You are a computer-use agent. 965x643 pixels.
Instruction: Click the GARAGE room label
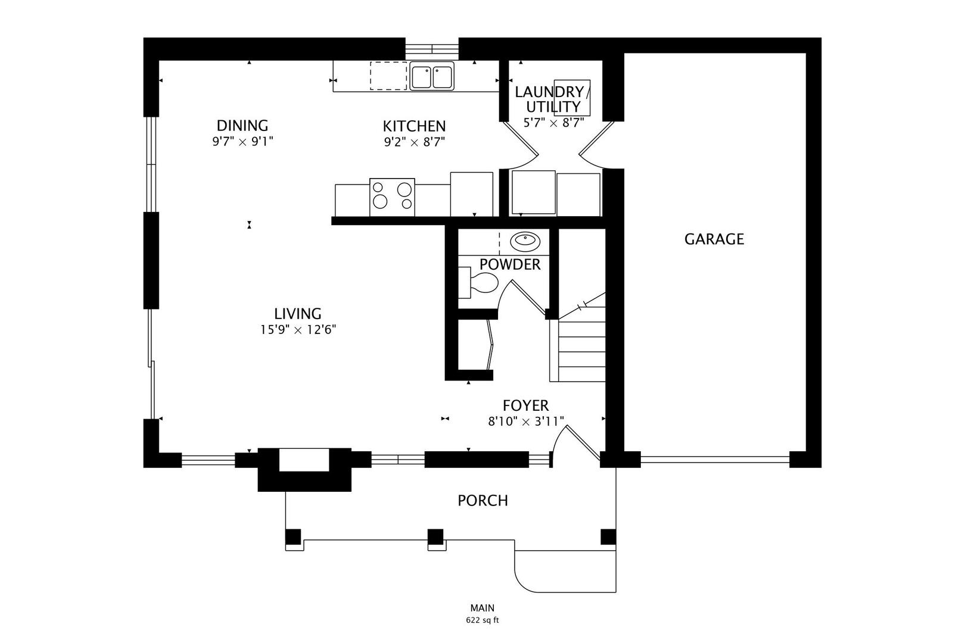pos(714,239)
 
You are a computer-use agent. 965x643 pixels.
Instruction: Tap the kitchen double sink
pos(432,77)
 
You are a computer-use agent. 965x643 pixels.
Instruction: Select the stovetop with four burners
pos(392,197)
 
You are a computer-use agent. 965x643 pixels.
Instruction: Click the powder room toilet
pos(480,283)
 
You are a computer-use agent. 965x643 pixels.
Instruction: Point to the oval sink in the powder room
pos(525,241)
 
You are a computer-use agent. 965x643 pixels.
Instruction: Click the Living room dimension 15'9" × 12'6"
pos(298,330)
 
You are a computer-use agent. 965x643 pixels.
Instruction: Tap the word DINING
pos(242,126)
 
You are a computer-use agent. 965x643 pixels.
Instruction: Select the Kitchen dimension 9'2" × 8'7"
pos(414,142)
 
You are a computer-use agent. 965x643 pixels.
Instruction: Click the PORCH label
pos(482,501)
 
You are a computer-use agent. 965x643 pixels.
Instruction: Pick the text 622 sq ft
pos(482,620)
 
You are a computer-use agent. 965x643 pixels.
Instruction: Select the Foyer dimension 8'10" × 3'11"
pos(525,422)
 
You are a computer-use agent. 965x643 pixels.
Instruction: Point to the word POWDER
pos(510,265)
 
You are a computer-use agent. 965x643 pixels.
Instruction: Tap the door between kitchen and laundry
pos(520,143)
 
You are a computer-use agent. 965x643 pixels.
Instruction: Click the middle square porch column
pos(435,536)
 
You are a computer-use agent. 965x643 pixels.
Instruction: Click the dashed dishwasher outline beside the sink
pos(388,76)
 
